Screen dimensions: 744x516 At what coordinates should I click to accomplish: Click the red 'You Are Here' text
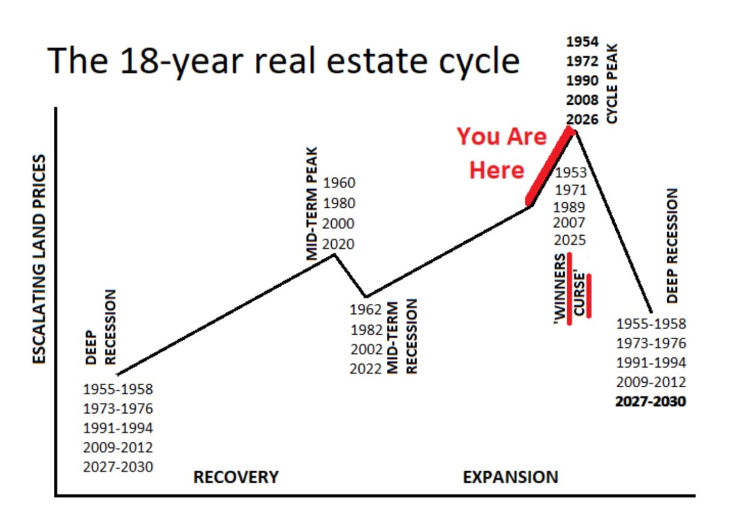pyautogui.click(x=501, y=153)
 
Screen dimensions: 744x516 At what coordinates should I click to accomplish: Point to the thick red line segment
pyautogui.click(x=550, y=166)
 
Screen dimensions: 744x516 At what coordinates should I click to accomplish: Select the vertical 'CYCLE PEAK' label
pyautogui.click(x=612, y=83)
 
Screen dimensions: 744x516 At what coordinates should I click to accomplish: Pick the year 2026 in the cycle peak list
pyautogui.click(x=582, y=119)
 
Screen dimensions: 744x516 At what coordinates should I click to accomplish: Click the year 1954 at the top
pyautogui.click(x=582, y=42)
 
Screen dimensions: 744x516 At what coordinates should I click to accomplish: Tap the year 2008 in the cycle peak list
pyautogui.click(x=582, y=100)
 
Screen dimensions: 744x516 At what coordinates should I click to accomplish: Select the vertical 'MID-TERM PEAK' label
pyautogui.click(x=311, y=203)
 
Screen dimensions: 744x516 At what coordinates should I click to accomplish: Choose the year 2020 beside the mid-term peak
pyautogui.click(x=339, y=244)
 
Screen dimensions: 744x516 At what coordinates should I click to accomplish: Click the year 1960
pyautogui.click(x=339, y=183)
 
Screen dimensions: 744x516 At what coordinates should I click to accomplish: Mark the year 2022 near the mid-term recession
pyautogui.click(x=366, y=369)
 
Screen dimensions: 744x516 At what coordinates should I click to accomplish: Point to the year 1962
pyautogui.click(x=366, y=309)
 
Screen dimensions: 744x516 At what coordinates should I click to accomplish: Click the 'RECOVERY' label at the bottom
pyautogui.click(x=236, y=477)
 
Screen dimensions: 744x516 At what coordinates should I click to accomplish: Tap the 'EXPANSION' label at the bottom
pyautogui.click(x=510, y=477)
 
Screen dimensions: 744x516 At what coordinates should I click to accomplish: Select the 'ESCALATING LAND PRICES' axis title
pyautogui.click(x=39, y=259)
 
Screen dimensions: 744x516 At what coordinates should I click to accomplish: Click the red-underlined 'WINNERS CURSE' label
pyautogui.click(x=572, y=288)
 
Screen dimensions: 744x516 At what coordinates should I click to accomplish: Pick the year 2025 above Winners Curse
pyautogui.click(x=570, y=240)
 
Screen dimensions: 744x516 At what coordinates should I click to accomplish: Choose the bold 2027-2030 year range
pyautogui.click(x=650, y=401)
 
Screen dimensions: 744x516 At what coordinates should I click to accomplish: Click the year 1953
pyautogui.click(x=571, y=172)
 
